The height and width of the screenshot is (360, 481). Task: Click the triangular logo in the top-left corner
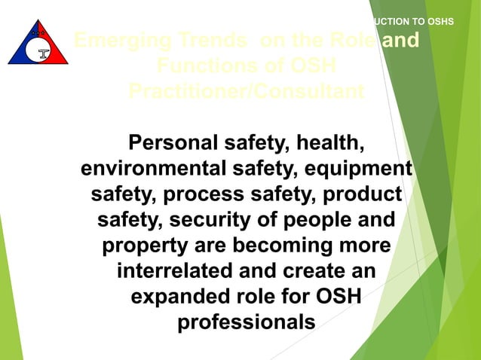(38, 43)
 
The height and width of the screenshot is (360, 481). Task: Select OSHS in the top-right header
(440, 21)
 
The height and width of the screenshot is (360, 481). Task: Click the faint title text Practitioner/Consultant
(246, 91)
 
